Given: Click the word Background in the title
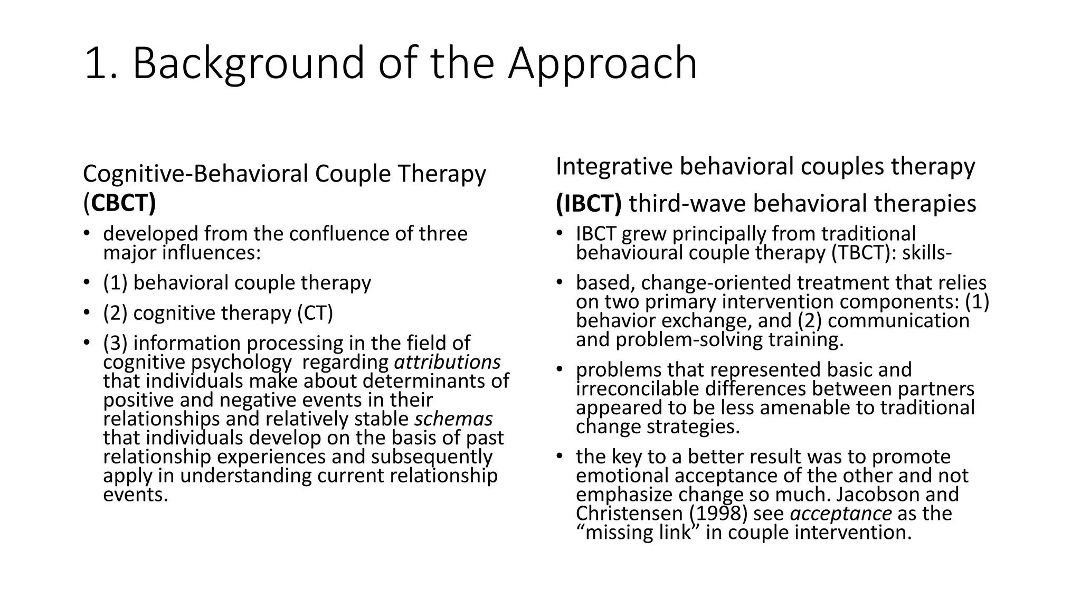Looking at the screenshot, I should (248, 64).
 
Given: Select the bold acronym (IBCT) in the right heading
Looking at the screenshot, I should (589, 204).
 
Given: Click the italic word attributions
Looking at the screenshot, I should (447, 362).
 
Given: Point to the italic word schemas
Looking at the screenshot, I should (453, 419).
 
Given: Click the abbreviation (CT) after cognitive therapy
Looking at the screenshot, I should (315, 313).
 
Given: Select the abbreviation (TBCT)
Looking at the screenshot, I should (864, 253).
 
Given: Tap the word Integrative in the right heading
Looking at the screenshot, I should (613, 167).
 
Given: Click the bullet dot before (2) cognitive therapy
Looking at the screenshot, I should (86, 313).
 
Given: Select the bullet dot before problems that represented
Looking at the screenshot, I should (559, 369).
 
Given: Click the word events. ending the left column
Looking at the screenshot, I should (136, 495).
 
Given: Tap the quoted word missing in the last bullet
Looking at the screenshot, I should (618, 532).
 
